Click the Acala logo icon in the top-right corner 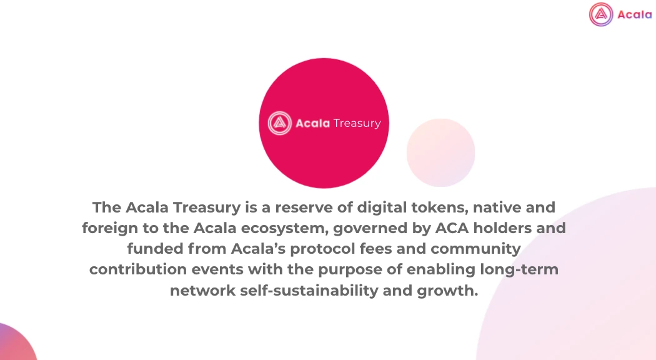[601, 14]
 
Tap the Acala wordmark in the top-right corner [634, 14]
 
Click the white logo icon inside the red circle [279, 123]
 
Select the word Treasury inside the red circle [357, 123]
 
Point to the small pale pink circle [440, 152]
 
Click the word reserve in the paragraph [306, 207]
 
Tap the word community [475, 249]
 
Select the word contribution [138, 269]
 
